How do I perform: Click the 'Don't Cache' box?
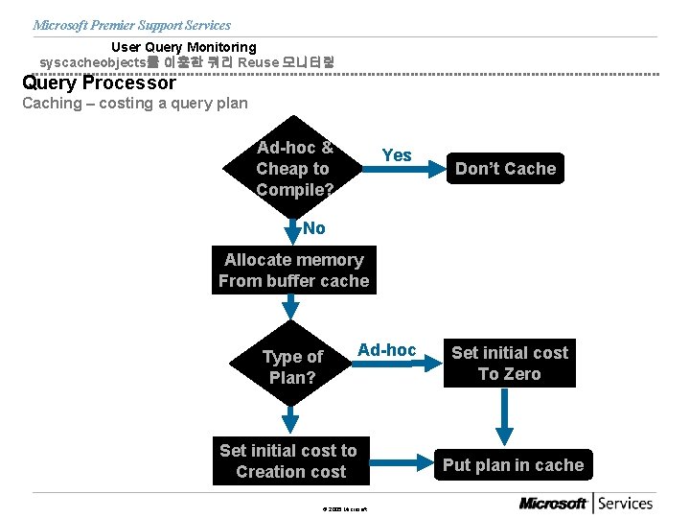tap(505, 169)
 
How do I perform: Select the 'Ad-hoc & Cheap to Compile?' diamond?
tap(293, 169)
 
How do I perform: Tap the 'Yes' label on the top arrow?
tap(396, 155)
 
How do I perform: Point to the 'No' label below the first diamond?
tap(313, 228)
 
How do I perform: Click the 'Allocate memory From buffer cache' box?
tap(293, 271)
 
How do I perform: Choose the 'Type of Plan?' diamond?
tap(292, 366)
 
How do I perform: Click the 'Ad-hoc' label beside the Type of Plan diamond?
tap(386, 350)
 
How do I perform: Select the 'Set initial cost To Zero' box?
tap(509, 364)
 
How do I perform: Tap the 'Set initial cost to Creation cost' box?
tap(288, 460)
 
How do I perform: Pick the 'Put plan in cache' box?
tap(513, 465)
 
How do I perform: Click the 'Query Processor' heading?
tap(99, 82)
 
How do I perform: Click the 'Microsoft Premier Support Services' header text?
tap(131, 25)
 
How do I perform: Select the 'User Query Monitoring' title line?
tap(184, 47)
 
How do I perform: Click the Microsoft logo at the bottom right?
tap(553, 504)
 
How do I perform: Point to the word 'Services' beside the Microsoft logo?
tap(626, 503)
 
